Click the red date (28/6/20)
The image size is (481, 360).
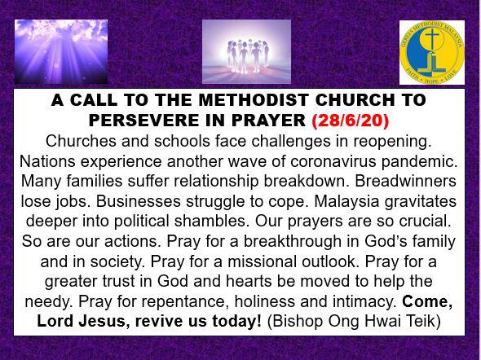351,121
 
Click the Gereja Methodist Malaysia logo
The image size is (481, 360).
432,53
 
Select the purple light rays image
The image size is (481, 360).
61,52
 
